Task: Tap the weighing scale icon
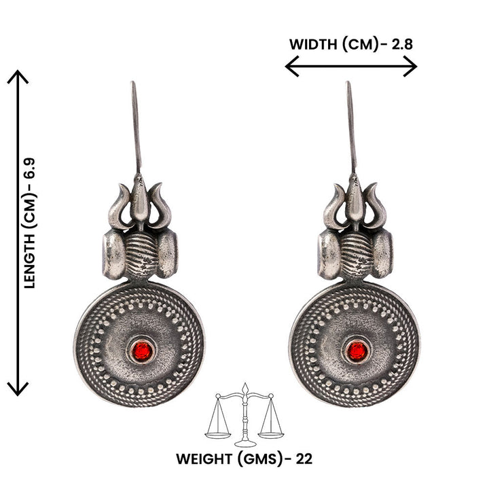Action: coord(244,413)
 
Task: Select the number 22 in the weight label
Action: coord(304,458)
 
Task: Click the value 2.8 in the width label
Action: coord(400,45)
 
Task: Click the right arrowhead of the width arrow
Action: coord(412,67)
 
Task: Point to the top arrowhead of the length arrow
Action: coord(18,75)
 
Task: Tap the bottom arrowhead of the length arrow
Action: coord(18,391)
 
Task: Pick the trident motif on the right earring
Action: coord(354,202)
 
